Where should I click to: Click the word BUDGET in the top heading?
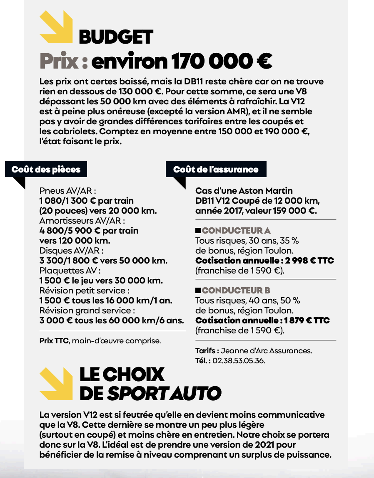tap(116, 37)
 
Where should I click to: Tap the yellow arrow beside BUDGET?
tap(56, 27)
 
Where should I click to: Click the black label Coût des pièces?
tap(46, 169)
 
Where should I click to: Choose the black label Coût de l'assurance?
tap(216, 169)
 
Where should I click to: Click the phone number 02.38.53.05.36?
tap(238, 360)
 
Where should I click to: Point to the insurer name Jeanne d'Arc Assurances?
tap(267, 350)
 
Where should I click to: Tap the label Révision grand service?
tap(87, 310)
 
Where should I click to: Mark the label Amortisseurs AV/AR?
tap(82, 221)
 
